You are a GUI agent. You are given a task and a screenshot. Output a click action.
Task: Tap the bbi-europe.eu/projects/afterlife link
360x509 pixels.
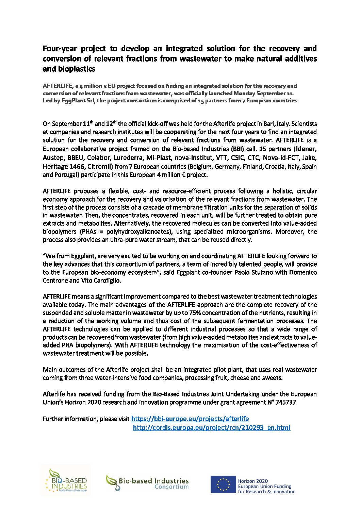190,419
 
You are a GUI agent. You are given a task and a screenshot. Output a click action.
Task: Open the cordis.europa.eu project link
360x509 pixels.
211,428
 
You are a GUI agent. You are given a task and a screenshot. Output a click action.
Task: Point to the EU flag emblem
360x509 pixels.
223,485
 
